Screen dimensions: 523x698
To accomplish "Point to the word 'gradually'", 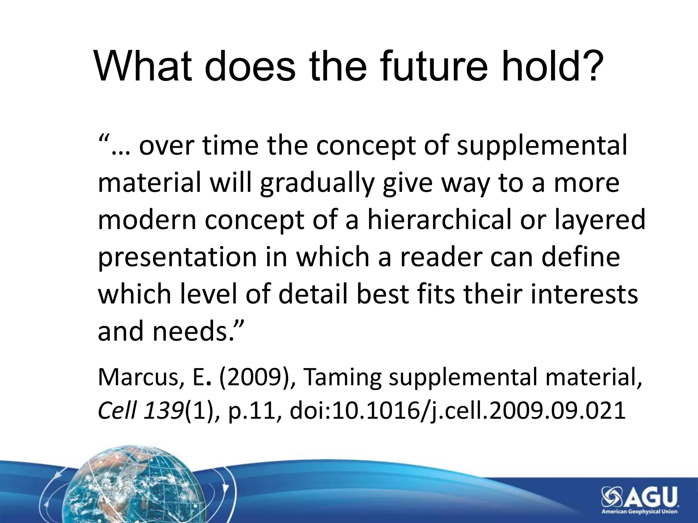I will (317, 183).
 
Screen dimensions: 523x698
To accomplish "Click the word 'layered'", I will (600, 220).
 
